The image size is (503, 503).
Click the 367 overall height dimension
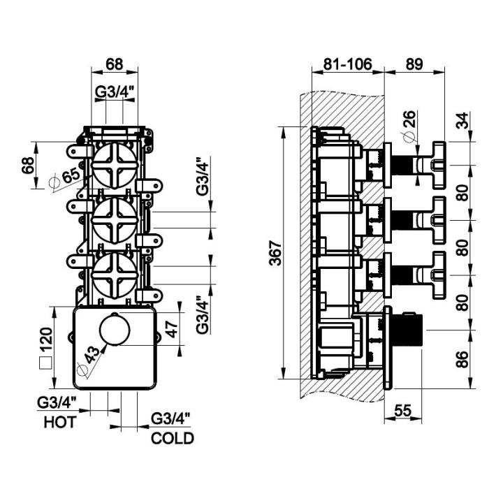point(275,253)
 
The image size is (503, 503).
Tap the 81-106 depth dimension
point(347,64)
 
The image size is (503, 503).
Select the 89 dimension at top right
point(414,64)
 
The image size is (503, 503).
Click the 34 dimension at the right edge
point(462,120)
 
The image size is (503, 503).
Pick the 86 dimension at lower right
point(462,359)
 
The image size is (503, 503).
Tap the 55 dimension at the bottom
point(402,410)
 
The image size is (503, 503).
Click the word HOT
point(60,422)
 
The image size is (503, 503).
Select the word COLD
point(173,438)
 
